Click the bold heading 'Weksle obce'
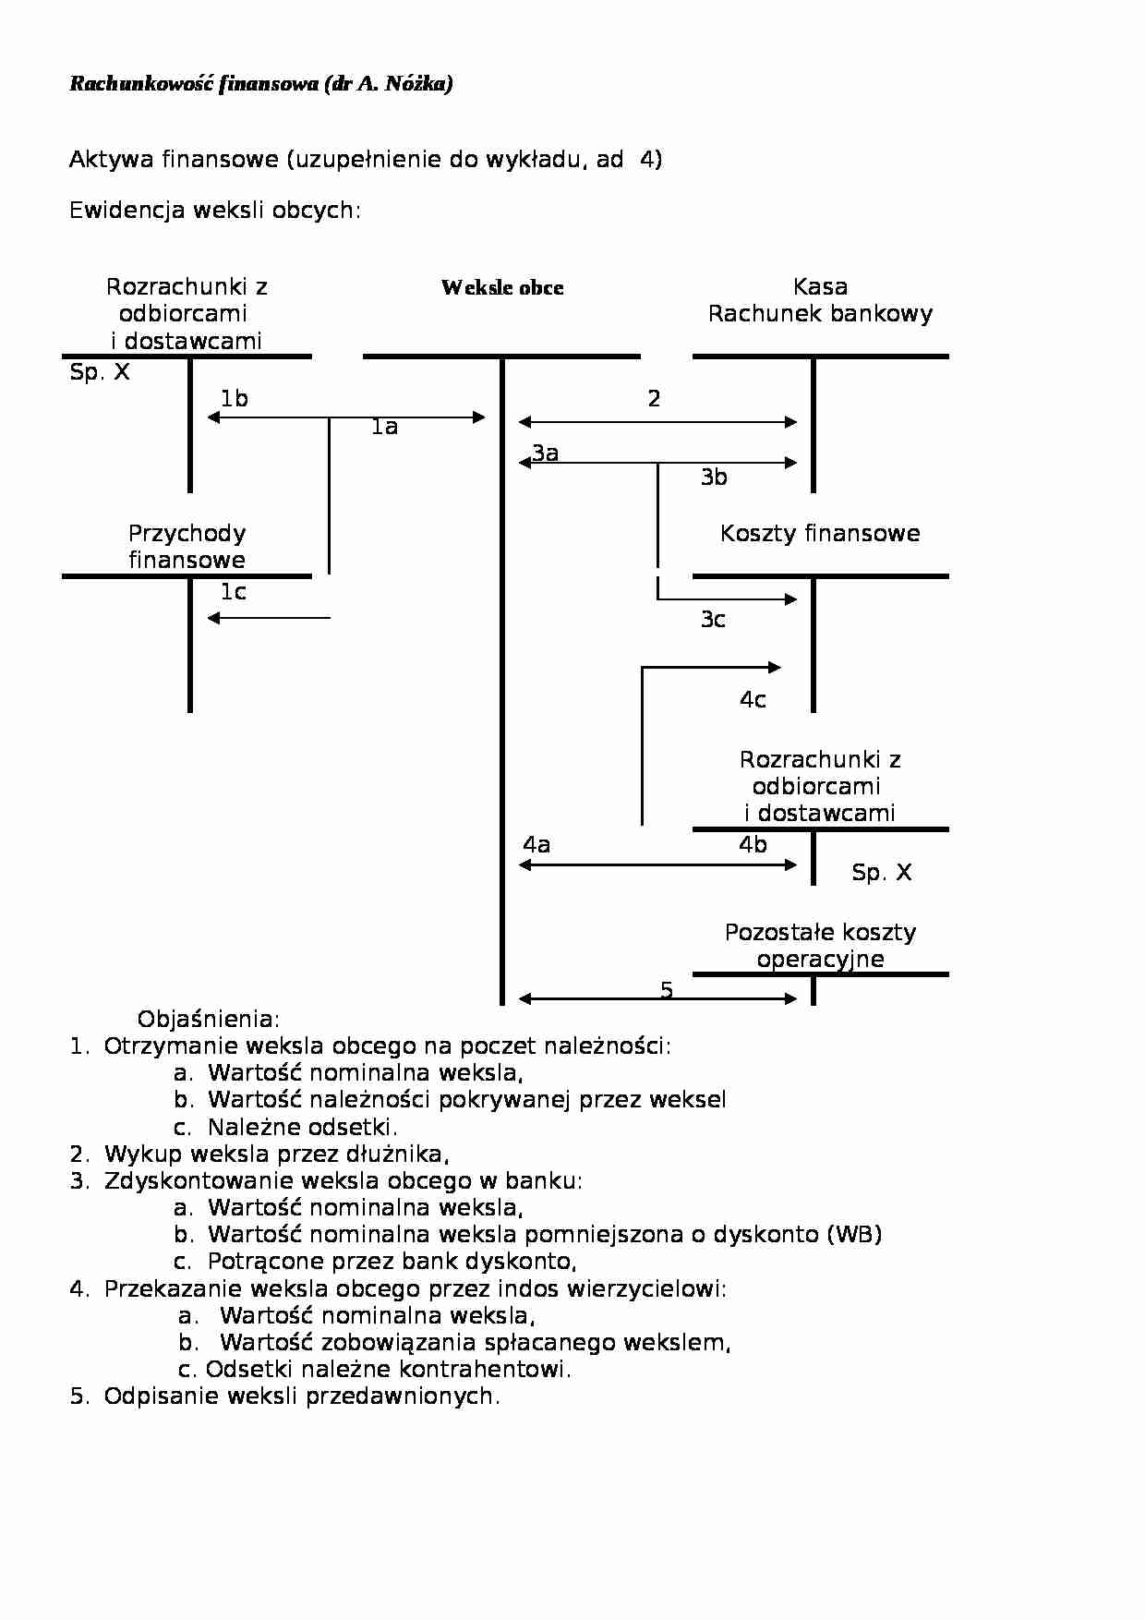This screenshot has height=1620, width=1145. tap(502, 287)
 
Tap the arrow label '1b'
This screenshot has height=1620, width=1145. tap(234, 398)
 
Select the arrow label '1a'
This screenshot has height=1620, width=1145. tap(384, 427)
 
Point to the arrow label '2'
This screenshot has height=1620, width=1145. tap(654, 398)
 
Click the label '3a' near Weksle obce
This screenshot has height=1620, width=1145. tap(546, 453)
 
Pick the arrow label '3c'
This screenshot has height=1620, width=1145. tap(713, 619)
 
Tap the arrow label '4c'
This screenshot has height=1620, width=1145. tap(753, 700)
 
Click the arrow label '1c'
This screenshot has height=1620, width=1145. tap(233, 592)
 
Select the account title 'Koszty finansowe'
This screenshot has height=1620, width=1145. tap(820, 533)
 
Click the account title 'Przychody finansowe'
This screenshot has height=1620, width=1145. tap(187, 547)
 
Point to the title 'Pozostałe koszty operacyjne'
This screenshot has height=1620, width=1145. tap(820, 946)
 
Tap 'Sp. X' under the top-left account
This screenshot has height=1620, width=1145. tap(100, 372)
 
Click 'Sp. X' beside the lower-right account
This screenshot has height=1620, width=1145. tap(881, 873)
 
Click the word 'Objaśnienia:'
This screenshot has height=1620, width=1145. tap(209, 1020)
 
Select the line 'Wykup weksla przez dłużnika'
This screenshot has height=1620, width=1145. tap(276, 1154)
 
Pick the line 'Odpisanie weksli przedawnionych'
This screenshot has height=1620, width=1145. tap(301, 1396)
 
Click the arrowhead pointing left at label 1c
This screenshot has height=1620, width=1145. tap(213, 618)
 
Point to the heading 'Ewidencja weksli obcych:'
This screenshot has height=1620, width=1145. tap(215, 211)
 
